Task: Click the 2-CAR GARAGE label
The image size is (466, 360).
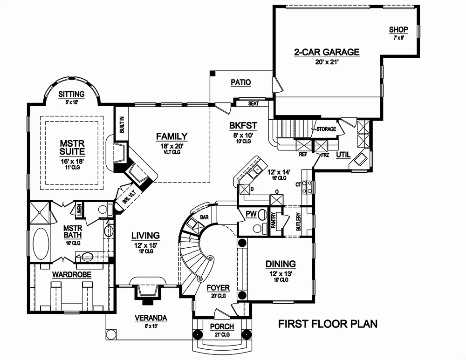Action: click(326, 52)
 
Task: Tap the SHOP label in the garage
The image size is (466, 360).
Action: click(398, 30)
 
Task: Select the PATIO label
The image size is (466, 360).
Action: click(240, 82)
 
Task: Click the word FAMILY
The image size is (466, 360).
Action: click(171, 136)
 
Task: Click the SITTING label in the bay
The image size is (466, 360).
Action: click(71, 94)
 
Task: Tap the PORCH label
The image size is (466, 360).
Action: click(222, 327)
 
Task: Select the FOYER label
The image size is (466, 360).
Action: click(218, 288)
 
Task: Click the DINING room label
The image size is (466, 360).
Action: click(281, 264)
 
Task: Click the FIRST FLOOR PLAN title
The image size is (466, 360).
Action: click(328, 324)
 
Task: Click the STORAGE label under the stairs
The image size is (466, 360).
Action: click(326, 129)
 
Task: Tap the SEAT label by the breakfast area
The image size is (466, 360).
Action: click(254, 103)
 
